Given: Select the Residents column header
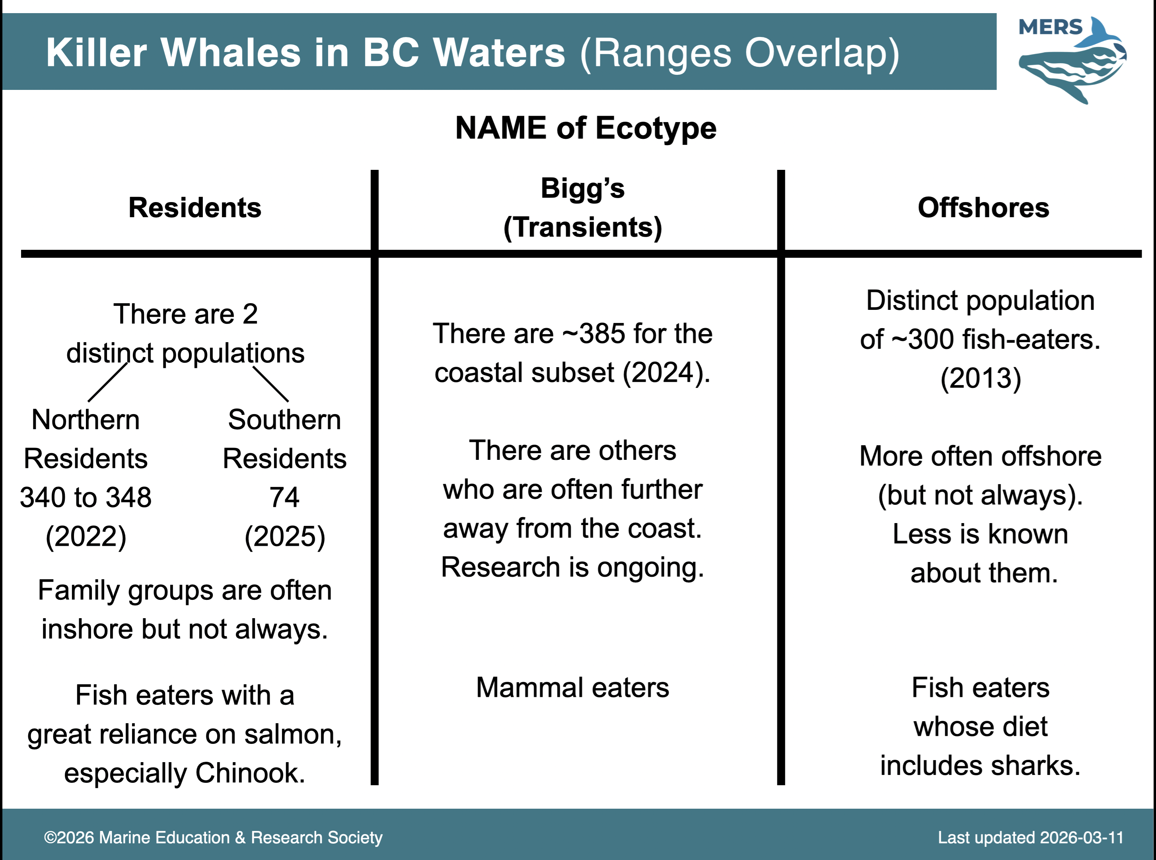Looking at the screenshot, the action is pos(195,208).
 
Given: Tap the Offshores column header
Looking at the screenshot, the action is pos(983,208).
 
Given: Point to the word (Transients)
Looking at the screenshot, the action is pos(582,228).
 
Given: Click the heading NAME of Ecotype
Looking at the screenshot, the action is pos(586,128).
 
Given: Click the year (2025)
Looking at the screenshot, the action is pos(285,537).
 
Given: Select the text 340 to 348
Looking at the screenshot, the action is pos(86,497).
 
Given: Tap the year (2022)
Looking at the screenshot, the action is pos(86,537).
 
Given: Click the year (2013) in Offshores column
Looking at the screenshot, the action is pos(981,378).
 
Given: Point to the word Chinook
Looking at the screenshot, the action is pos(250,772).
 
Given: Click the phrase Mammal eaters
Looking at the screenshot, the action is pos(572,688).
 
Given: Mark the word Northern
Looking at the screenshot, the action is pos(86,420).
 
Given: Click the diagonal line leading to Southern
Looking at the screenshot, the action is pos(271,384).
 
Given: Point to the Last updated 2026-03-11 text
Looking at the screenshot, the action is pos(1031,838).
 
